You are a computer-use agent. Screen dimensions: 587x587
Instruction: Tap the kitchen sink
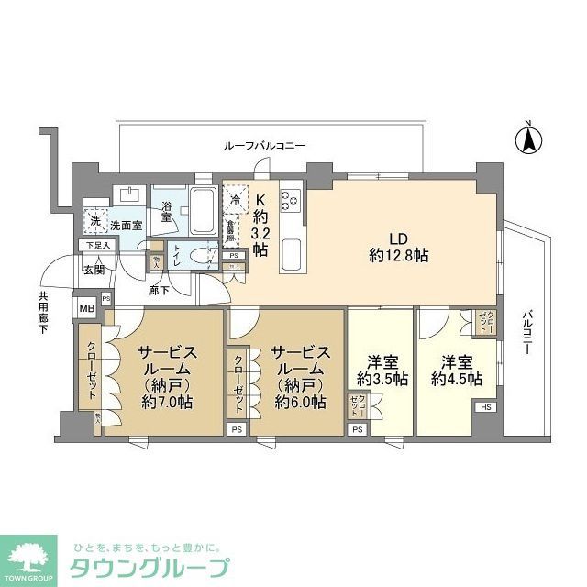tap(293, 249)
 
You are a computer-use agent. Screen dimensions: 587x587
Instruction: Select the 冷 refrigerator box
tap(236, 198)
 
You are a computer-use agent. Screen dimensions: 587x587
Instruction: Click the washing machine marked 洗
tap(94, 220)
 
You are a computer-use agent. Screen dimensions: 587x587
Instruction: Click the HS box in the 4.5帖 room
tap(484, 406)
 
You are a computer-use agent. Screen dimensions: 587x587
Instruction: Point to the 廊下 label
tap(158, 291)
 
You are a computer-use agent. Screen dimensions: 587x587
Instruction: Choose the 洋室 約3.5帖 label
tap(378, 371)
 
